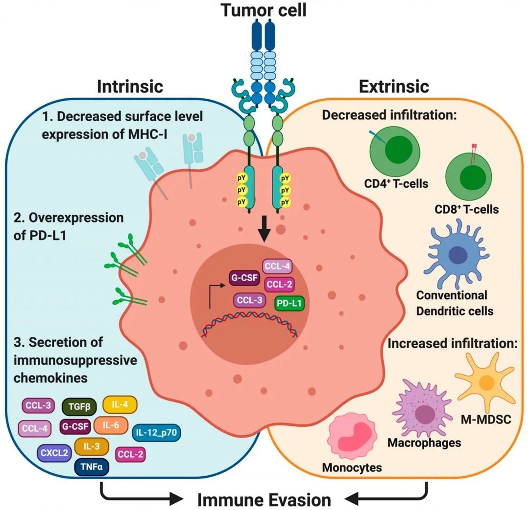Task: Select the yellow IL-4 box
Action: click(120, 405)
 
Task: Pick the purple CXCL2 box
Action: click(54, 453)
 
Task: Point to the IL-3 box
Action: click(91, 446)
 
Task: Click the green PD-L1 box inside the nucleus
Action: click(289, 304)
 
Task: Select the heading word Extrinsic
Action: click(394, 87)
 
